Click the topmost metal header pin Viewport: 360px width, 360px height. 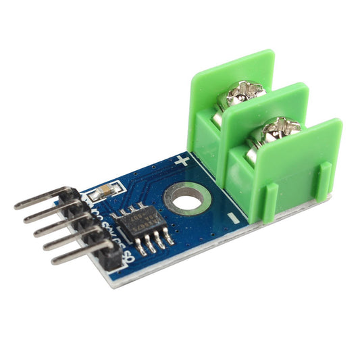pos(41,197)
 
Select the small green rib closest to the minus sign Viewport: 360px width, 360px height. pos(270,203)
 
